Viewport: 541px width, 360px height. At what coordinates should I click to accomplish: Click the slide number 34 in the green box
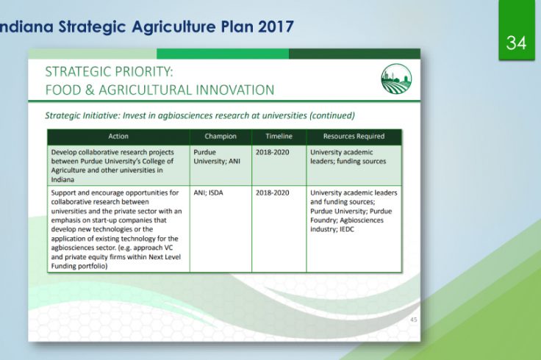coord(516,43)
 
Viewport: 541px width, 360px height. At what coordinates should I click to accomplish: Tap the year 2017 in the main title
coord(276,26)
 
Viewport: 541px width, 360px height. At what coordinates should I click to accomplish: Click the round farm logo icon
coord(396,79)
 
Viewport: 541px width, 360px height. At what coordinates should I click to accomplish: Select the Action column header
coord(118,136)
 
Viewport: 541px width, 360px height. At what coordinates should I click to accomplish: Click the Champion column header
coord(221,136)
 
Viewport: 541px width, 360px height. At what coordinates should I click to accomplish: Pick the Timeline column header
coord(279,136)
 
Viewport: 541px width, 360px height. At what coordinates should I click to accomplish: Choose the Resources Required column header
coord(354,136)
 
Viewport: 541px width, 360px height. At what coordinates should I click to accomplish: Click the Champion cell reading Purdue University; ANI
coord(217,156)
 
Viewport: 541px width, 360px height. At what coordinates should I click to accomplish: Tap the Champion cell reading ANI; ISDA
coord(208,192)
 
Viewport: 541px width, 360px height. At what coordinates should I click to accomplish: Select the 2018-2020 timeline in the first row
coord(272,152)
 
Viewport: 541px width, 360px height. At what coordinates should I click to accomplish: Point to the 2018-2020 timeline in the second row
coord(272,192)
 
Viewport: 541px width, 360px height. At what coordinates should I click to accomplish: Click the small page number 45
coord(414,320)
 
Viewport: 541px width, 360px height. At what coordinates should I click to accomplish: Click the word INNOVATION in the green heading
coord(235,90)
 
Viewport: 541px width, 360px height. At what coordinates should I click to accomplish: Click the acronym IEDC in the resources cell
coord(347,229)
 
